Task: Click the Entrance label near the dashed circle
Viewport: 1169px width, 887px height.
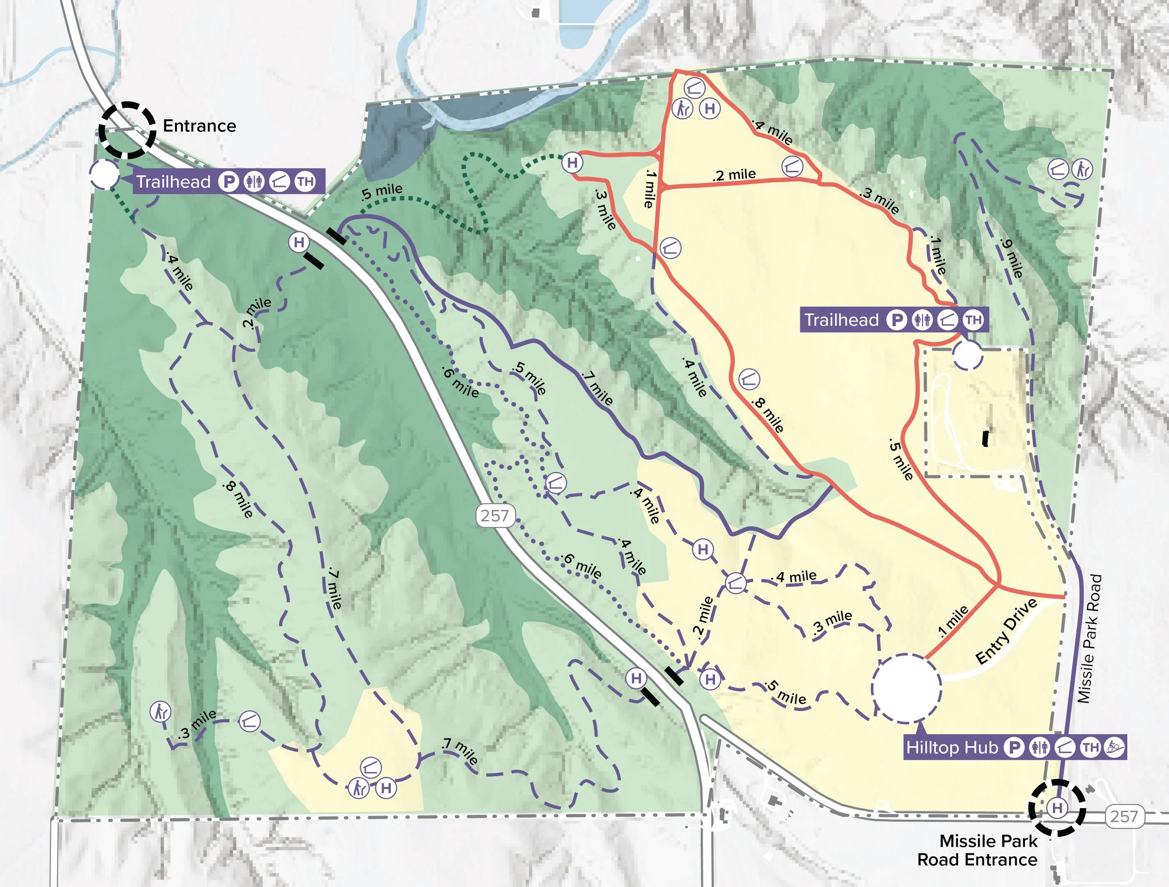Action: pos(199,126)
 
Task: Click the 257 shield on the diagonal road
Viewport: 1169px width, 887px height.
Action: pos(495,515)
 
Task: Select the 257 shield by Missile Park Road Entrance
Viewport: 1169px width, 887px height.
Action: pos(1124,817)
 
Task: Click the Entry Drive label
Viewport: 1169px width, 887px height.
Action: pos(1006,631)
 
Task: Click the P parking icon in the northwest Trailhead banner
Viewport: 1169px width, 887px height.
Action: pos(229,182)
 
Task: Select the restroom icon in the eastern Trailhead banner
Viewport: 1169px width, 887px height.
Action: pos(922,320)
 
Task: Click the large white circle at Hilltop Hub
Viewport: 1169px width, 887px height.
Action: pos(906,688)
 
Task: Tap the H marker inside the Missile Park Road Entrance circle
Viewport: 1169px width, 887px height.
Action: pos(1057,808)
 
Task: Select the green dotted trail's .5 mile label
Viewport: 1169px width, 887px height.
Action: pos(382,192)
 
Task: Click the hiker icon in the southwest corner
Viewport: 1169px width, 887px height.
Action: pos(159,712)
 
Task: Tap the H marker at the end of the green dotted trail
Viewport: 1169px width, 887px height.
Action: pos(572,162)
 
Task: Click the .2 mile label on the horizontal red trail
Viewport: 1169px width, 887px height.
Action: pos(734,174)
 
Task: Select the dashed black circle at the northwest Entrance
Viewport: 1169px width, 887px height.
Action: pos(127,130)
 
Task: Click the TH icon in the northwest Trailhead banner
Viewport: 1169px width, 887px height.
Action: pos(305,182)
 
